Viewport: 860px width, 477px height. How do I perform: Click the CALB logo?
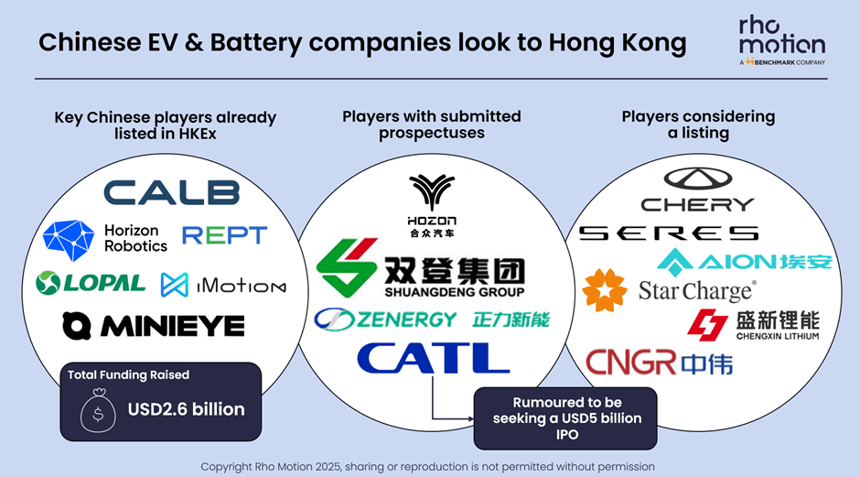[171, 192]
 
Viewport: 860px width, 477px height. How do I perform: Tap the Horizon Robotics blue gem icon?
[70, 240]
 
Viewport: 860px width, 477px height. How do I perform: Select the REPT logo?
[224, 236]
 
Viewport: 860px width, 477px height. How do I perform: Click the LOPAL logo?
[91, 283]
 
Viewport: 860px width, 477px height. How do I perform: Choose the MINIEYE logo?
[153, 325]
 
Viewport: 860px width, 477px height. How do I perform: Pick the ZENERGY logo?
[432, 320]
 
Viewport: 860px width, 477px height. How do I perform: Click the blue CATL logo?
[433, 357]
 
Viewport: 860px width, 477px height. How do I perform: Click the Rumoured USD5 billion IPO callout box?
[564, 417]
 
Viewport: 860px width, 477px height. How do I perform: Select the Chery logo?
[697, 190]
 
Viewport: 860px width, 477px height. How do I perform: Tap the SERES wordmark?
[668, 233]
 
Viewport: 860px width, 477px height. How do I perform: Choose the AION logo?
[745, 261]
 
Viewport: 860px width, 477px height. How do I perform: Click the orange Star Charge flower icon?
[604, 289]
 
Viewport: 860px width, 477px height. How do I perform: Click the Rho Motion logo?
[781, 41]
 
